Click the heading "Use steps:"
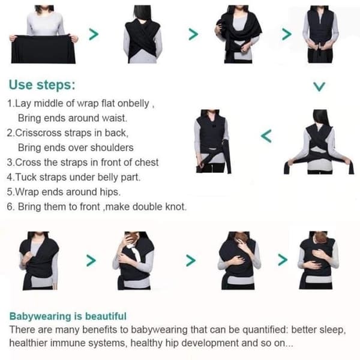point(42,85)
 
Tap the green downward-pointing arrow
point(319,87)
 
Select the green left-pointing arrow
point(266,136)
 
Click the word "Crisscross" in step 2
point(38,133)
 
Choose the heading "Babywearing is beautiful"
point(68,316)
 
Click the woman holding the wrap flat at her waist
point(44,34)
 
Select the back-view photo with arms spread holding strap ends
point(319,142)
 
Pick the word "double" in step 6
point(147,206)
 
